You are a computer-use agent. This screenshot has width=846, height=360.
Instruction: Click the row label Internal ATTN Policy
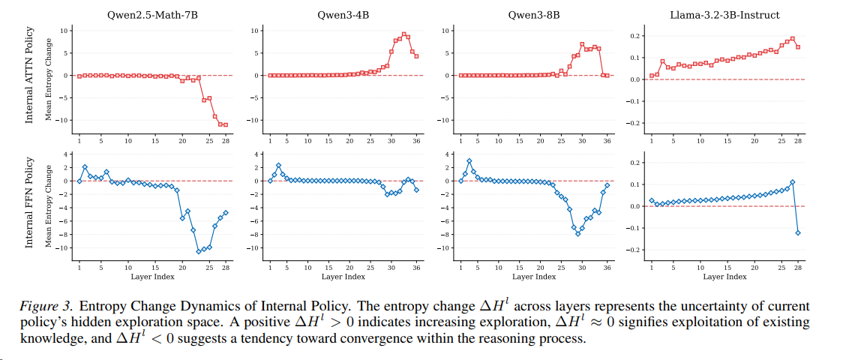[30, 75]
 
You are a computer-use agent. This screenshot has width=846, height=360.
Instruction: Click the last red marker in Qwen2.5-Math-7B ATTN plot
[225, 124]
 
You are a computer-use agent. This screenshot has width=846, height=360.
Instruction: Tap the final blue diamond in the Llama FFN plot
[798, 232]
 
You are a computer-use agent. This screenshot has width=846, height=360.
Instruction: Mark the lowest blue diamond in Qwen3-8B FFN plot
[577, 233]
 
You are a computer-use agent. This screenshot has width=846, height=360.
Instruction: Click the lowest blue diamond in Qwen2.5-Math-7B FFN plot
[199, 251]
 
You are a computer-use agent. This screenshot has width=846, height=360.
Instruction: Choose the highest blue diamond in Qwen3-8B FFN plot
[469, 160]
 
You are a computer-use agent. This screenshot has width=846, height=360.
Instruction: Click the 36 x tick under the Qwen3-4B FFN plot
[416, 267]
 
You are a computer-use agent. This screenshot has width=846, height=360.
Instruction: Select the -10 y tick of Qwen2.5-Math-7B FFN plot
[64, 247]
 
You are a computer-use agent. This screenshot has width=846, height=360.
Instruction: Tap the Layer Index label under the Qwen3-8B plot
[534, 277]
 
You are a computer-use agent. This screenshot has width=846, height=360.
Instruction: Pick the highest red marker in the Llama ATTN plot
[792, 39]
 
